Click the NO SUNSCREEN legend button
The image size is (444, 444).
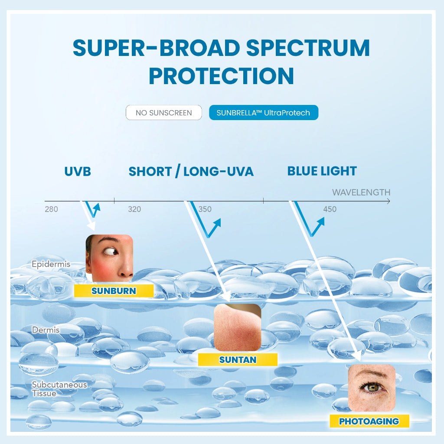click(163, 113)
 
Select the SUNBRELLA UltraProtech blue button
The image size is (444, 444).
click(263, 113)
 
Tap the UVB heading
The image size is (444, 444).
click(78, 171)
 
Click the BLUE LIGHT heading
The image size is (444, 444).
click(322, 171)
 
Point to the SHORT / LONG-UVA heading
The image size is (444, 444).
click(191, 171)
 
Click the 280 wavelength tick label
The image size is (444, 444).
click(51, 209)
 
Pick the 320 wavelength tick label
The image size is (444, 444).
click(134, 209)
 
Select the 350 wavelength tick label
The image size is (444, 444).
click(205, 209)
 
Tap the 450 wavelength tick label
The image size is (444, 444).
click(330, 209)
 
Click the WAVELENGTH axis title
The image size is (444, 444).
click(361, 192)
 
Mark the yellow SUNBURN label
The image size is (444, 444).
click(114, 291)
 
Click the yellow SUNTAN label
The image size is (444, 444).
click(238, 360)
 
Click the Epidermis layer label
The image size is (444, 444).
click(51, 264)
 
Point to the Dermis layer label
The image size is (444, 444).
click(46, 330)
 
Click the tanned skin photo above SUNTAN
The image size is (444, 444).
click(237, 327)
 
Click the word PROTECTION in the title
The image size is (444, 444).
click(221, 75)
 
